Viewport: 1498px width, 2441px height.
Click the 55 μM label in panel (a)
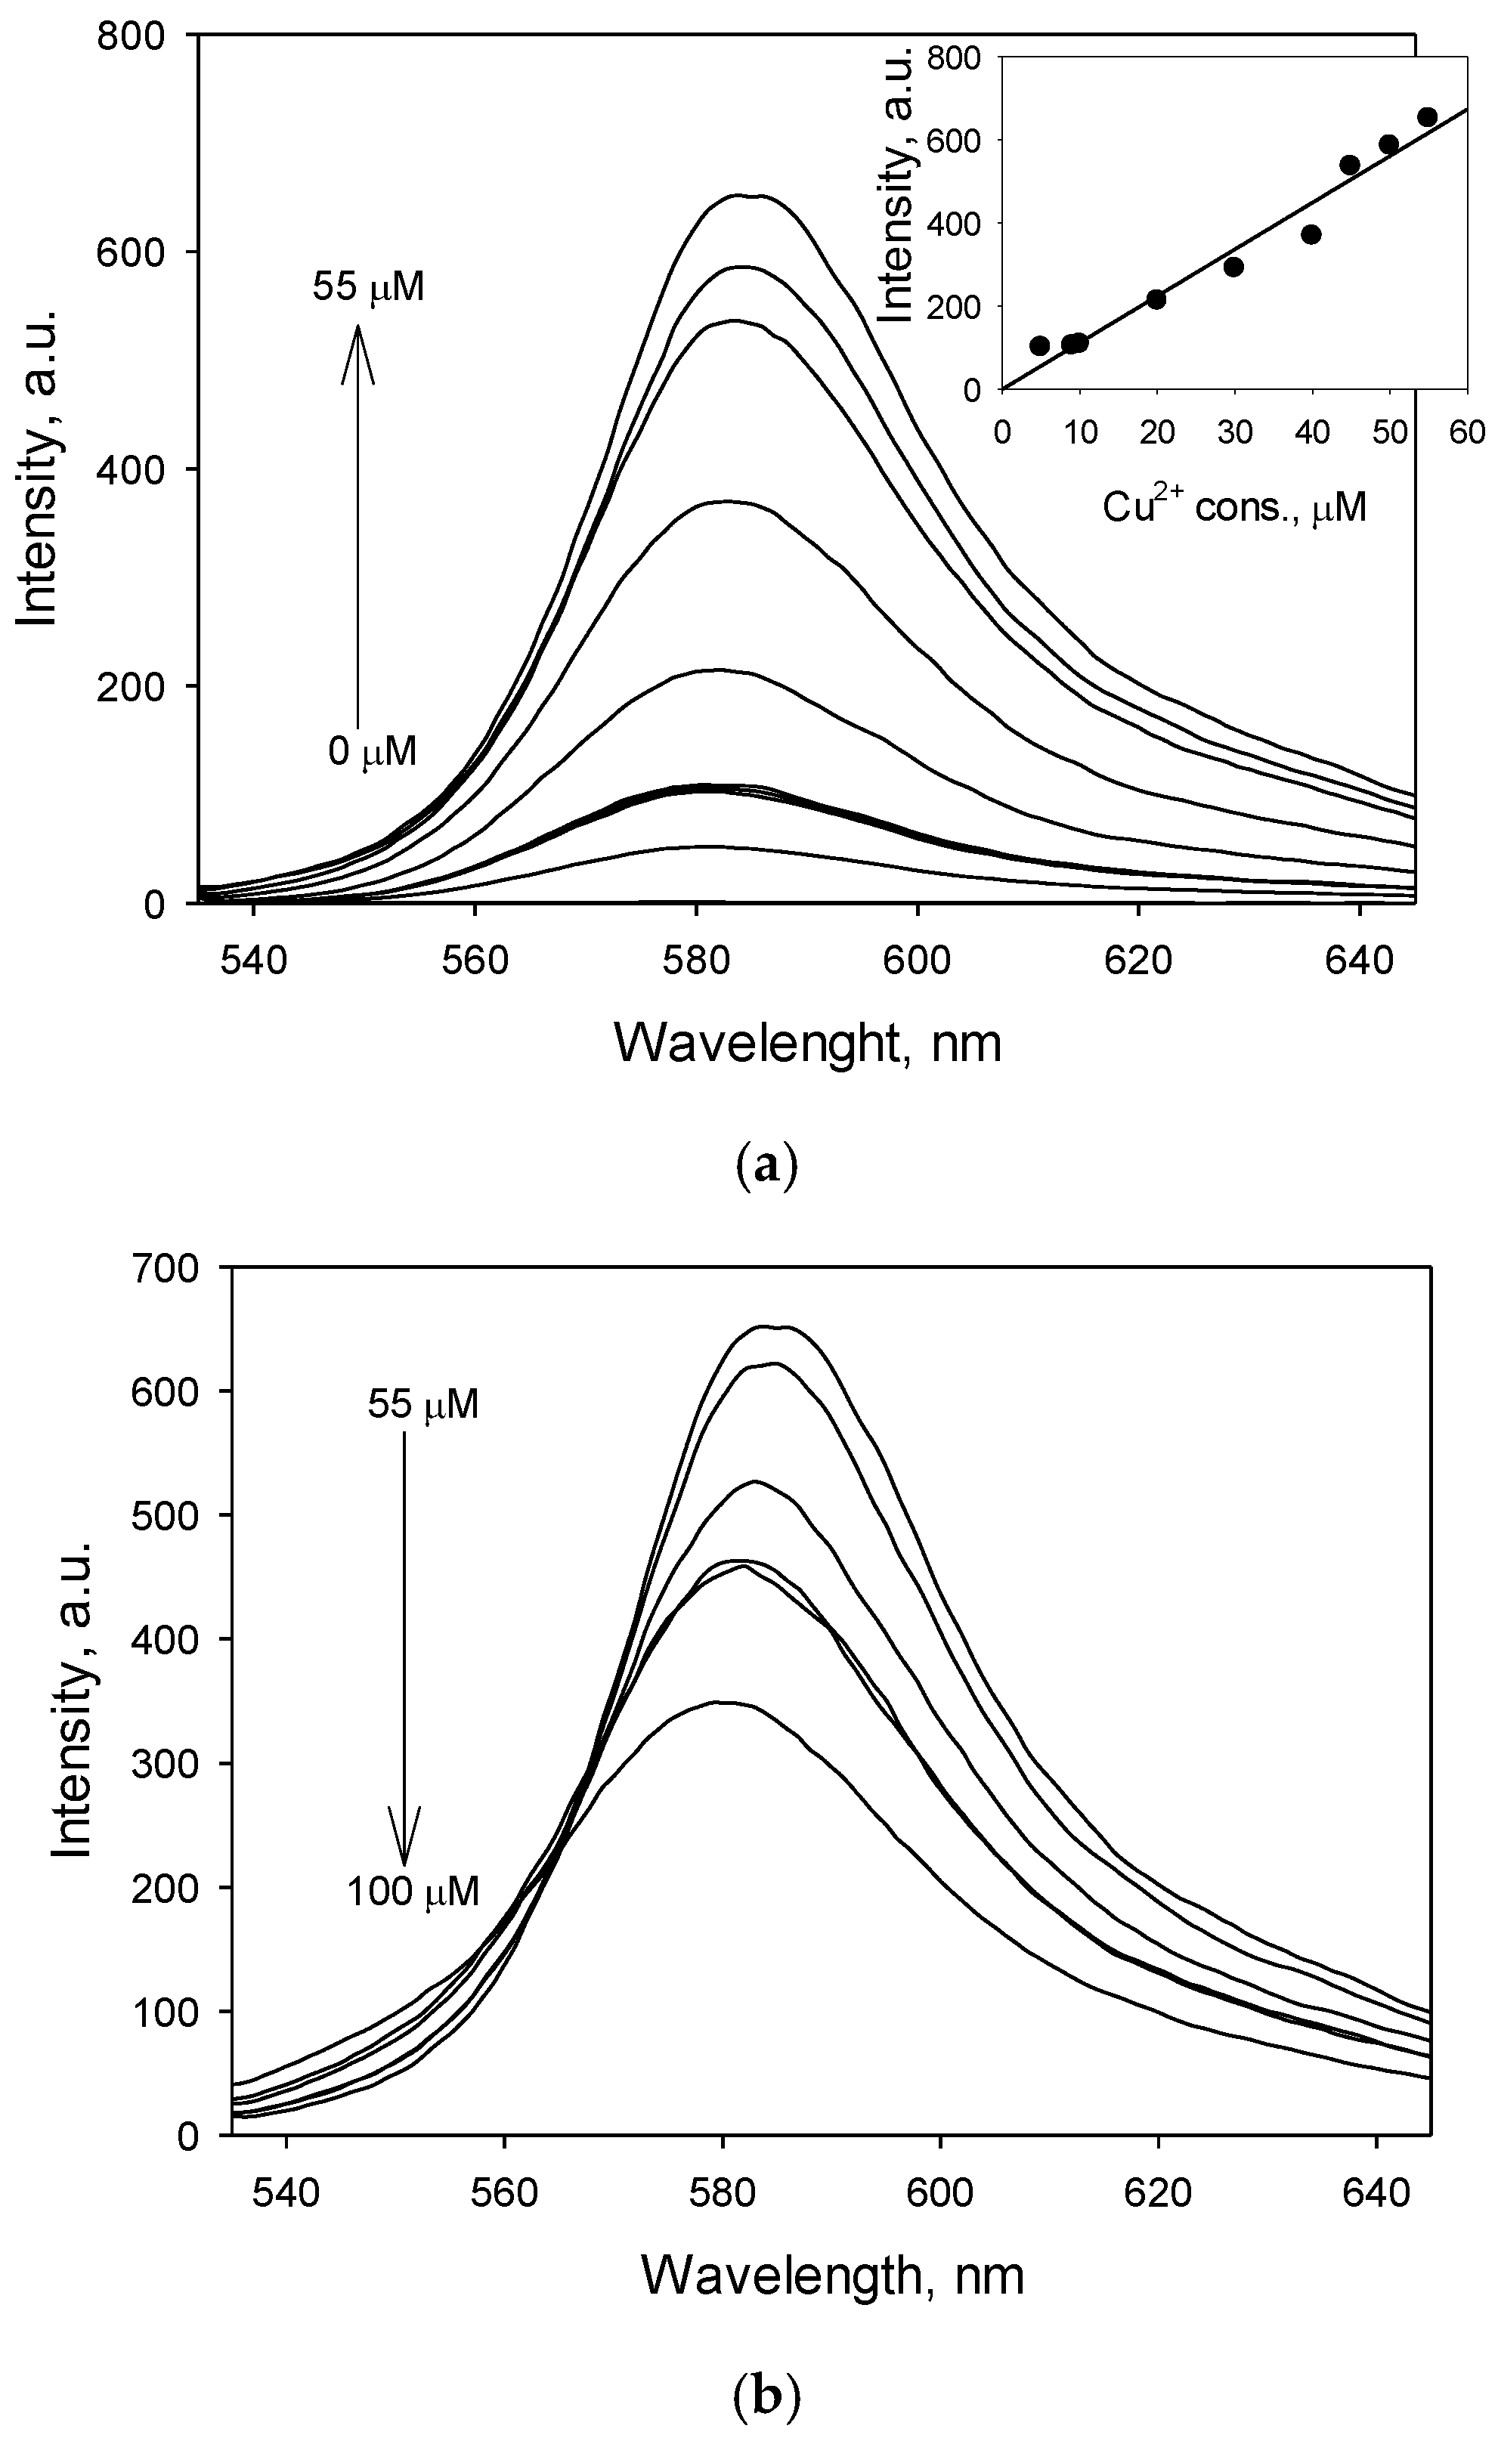[x=369, y=288]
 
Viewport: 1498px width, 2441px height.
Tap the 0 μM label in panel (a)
[x=373, y=752]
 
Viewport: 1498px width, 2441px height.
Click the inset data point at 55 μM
[x=1427, y=117]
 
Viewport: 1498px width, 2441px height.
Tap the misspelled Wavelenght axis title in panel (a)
[x=807, y=1042]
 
